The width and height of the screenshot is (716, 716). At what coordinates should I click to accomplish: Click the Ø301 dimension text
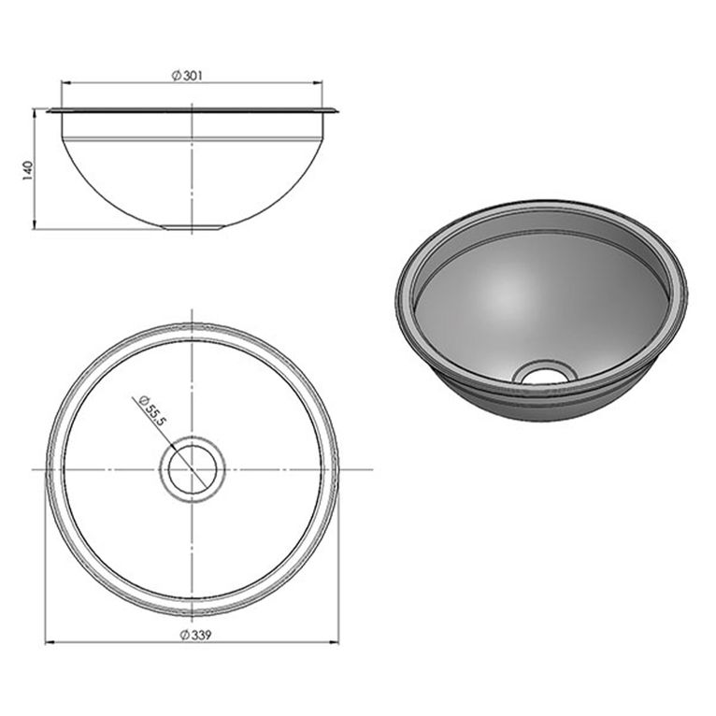(191, 76)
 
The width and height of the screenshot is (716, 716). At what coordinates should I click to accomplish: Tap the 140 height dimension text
(27, 169)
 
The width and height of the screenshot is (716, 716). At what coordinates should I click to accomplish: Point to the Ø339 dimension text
(192, 636)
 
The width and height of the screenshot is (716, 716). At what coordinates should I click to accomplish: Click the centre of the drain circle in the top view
(193, 468)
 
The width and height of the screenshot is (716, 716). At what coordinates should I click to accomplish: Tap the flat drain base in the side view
(193, 226)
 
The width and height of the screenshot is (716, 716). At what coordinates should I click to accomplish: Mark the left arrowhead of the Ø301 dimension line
(64, 82)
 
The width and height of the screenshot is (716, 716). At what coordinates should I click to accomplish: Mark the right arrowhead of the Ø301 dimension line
(319, 82)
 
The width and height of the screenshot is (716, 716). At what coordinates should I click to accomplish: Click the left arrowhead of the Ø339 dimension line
(49, 642)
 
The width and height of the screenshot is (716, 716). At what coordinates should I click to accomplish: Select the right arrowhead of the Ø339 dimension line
(337, 642)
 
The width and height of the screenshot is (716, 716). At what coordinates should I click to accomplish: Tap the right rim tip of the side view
(337, 111)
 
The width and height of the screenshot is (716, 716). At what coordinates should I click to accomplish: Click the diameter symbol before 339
(178, 636)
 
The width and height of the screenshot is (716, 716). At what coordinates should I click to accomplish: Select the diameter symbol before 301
(177, 76)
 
